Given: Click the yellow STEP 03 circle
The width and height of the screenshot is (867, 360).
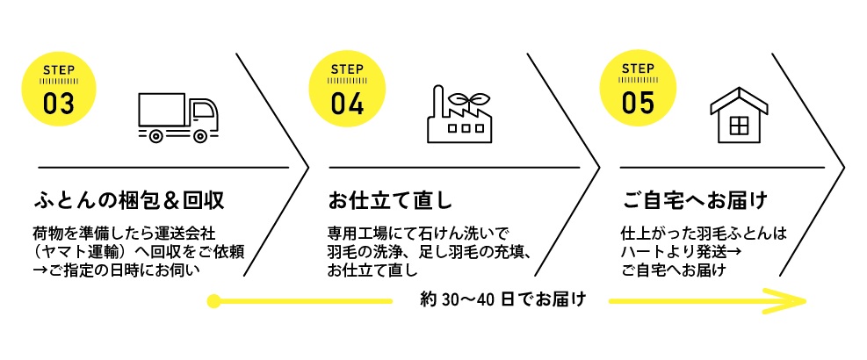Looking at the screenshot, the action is (x=59, y=89).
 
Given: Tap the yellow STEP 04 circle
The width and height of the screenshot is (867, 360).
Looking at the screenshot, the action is (x=347, y=89).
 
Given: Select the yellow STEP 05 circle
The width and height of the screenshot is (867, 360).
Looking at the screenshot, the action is (x=638, y=89).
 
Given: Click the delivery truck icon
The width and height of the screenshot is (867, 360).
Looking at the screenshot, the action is (x=178, y=118).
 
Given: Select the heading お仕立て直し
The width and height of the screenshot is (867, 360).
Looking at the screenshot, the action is (x=390, y=200).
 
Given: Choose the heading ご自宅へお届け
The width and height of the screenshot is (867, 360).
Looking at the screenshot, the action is (x=694, y=200).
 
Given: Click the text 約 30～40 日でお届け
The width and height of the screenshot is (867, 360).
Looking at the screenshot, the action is (x=502, y=300).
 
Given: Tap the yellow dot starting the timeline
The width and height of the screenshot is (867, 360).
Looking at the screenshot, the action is (x=213, y=301).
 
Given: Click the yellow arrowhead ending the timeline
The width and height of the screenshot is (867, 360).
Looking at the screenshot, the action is (x=791, y=301).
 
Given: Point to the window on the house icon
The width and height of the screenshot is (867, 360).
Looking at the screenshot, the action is (x=739, y=126).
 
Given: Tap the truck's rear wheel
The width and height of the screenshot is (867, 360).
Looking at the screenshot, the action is (x=156, y=135).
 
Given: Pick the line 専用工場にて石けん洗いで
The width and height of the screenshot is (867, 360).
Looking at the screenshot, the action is (x=421, y=233).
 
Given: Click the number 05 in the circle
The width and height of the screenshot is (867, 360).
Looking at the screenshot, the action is (x=638, y=103).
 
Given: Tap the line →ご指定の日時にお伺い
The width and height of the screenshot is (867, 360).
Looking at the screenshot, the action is (x=116, y=271).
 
